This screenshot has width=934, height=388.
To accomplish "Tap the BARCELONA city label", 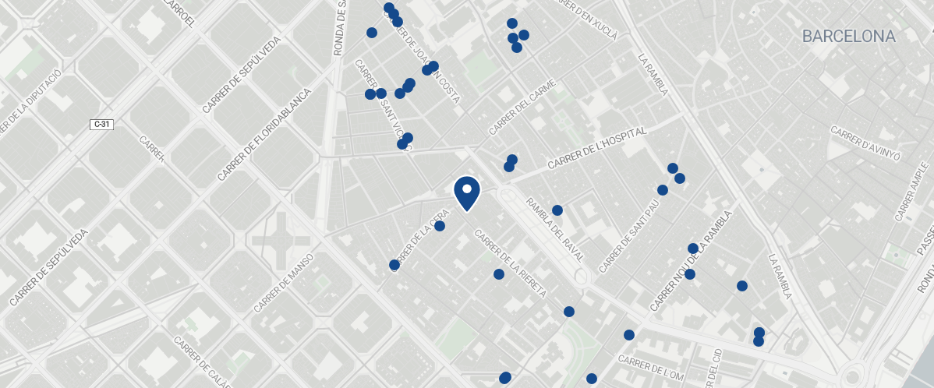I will click(x=848, y=37).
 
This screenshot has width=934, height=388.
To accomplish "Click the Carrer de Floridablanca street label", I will click(x=264, y=135).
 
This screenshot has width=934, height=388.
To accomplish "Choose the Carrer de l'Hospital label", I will click(x=597, y=149).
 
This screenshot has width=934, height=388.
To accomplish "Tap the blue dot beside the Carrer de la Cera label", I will click(x=440, y=226).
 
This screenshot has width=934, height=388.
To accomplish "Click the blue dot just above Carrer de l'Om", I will click(x=629, y=335).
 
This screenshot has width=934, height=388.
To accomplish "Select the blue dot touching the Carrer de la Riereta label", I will click(x=499, y=274).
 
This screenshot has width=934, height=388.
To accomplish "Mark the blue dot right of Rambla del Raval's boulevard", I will click(x=557, y=210).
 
